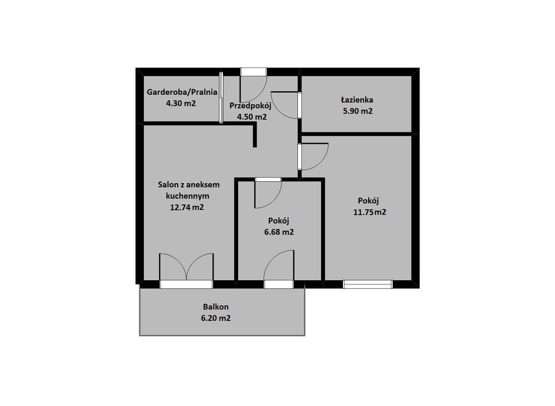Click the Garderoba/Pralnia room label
182,92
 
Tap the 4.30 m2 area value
181,103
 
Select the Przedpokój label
250,106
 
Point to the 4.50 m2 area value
252,117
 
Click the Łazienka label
357,100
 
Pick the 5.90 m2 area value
358,111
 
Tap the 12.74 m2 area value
187,207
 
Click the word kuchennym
188,196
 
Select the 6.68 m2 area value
279,232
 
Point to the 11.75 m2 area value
370,212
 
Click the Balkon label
216,307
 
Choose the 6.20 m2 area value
216,318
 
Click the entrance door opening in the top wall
254,72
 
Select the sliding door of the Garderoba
221,98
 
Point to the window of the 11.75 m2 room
368,284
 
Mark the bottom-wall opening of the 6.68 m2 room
279,285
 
